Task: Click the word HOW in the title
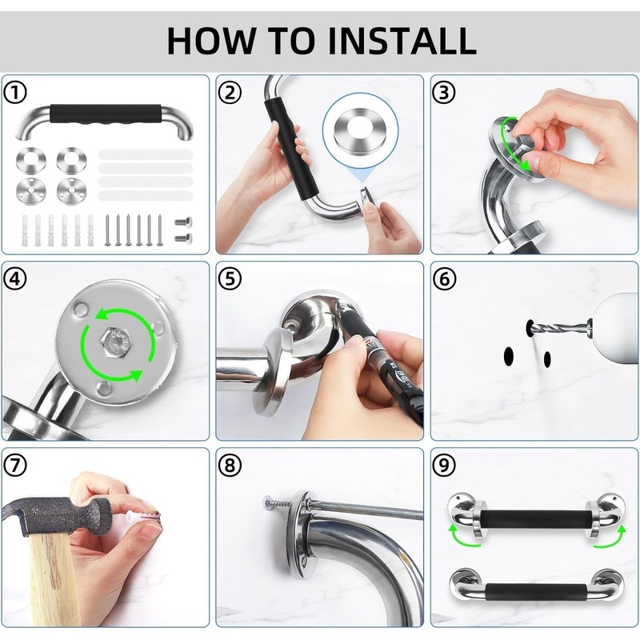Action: pyautogui.click(x=210, y=41)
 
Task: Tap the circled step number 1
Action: pyautogui.click(x=15, y=92)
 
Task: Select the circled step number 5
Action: pyautogui.click(x=230, y=279)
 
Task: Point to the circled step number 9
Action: pyautogui.click(x=444, y=465)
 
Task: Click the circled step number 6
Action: pyautogui.click(x=444, y=279)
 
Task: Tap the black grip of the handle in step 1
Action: pyautogui.click(x=106, y=114)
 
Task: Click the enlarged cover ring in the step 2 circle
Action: pyautogui.click(x=361, y=131)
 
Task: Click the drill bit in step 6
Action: pyautogui.click(x=562, y=327)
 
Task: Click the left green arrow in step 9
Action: pyautogui.click(x=463, y=535)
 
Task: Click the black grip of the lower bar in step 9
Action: pyautogui.click(x=536, y=591)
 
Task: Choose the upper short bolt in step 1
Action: pyautogui.click(x=183, y=222)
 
